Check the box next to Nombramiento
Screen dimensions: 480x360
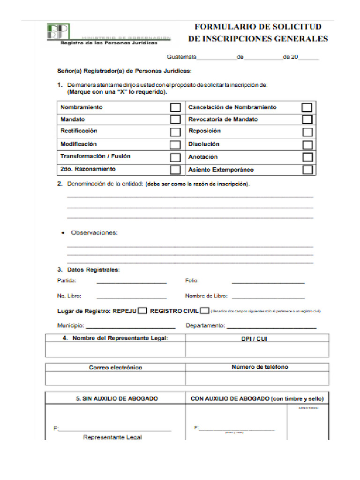click(x=175, y=107)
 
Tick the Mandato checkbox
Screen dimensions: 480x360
click(x=175, y=120)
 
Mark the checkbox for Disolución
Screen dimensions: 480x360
click(x=307, y=144)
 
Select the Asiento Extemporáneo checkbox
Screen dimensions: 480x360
click(x=307, y=169)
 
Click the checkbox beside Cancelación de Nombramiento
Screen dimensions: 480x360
click(x=307, y=107)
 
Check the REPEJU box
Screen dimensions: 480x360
click(x=142, y=310)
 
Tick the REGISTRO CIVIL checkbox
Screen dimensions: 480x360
click(x=204, y=310)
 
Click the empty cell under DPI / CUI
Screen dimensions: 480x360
click(x=257, y=350)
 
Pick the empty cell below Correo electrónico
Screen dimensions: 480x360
click(x=115, y=378)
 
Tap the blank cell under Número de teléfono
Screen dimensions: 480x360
click(x=257, y=378)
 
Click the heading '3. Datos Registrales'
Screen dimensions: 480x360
click(x=88, y=270)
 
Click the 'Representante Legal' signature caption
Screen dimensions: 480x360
click(x=112, y=437)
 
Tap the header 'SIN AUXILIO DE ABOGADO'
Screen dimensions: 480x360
click(x=117, y=398)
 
